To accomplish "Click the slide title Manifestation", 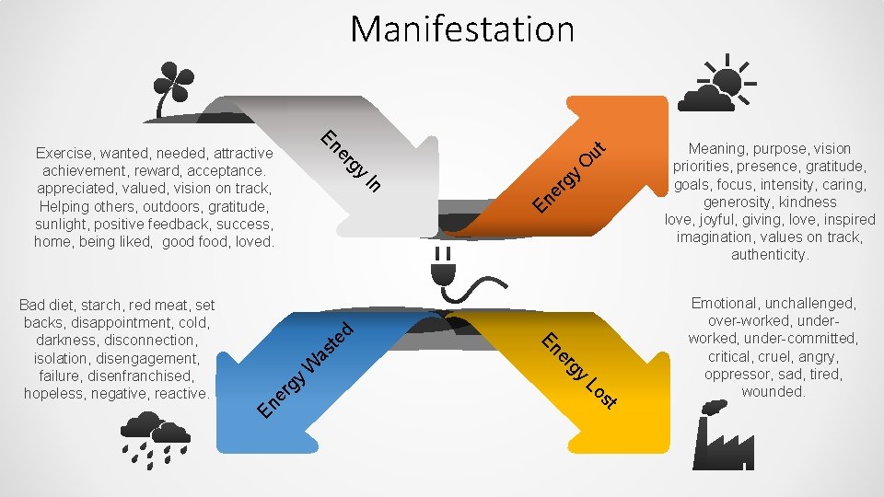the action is pos(461,29).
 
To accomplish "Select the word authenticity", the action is pos(770,255).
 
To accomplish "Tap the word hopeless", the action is pos(52,393).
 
